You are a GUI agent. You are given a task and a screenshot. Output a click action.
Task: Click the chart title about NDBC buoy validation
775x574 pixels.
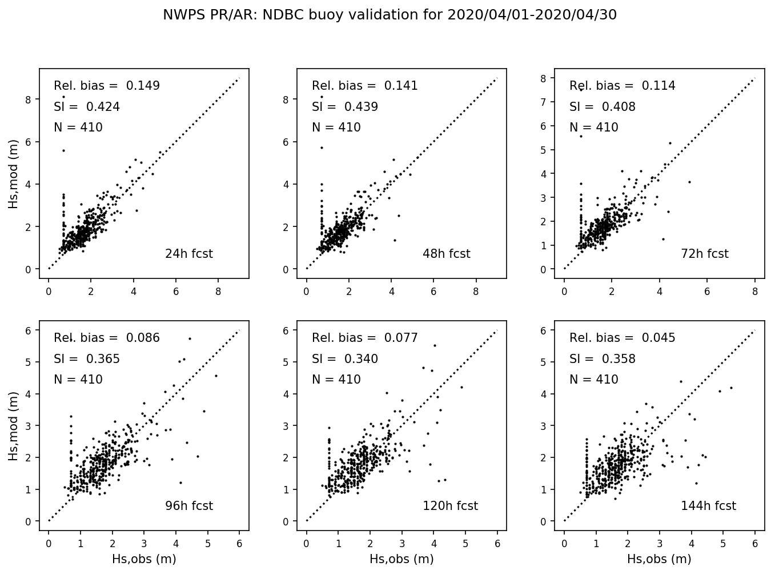tap(389, 15)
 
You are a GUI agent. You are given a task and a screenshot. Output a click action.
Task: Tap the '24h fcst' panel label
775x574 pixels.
tap(188, 254)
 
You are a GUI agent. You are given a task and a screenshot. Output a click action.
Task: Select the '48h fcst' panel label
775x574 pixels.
tap(446, 254)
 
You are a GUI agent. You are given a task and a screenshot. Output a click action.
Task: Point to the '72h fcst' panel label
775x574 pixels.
tap(704, 254)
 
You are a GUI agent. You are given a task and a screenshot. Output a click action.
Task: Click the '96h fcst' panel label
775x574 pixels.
tap(188, 506)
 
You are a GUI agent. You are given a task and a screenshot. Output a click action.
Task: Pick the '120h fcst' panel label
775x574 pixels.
tap(450, 506)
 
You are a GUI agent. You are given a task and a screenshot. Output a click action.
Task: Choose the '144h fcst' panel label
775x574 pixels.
tap(708, 506)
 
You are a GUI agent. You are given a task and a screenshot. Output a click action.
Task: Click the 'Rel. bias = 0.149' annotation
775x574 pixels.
tap(107, 86)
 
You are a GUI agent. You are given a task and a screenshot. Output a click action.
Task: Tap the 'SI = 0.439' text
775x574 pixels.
tap(345, 107)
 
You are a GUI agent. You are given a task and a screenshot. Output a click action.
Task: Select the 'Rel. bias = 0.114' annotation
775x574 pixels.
tap(623, 86)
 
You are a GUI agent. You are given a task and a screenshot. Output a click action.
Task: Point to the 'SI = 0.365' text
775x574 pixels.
tap(87, 359)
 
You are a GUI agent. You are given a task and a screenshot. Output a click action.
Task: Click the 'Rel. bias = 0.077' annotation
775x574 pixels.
tap(365, 338)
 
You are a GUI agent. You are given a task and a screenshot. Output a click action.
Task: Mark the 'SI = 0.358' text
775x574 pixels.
tap(603, 359)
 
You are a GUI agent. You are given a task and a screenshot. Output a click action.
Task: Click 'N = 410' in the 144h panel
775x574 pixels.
tap(594, 380)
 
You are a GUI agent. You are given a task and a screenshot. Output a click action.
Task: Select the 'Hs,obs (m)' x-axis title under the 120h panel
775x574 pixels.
tap(401, 559)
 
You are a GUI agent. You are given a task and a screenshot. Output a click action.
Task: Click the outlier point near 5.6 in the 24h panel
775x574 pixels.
tap(63, 150)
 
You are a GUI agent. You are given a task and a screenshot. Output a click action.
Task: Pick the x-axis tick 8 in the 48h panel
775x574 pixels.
tap(476, 291)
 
